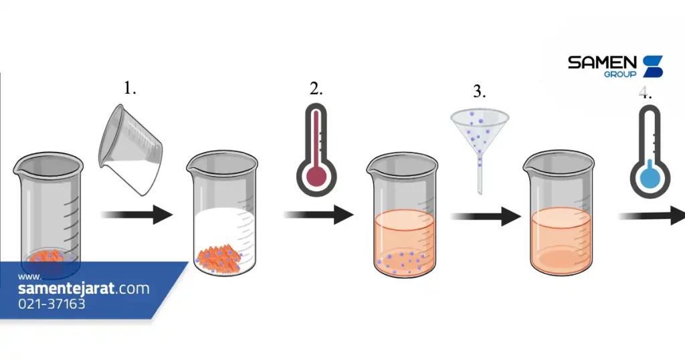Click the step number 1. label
(130, 88)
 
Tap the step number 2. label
(316, 89)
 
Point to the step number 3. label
(479, 91)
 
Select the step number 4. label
(646, 92)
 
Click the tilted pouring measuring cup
(130, 149)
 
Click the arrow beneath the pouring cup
(136, 215)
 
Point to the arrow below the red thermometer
(319, 215)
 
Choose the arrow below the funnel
(486, 216)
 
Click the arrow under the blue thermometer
(652, 216)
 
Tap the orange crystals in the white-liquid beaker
(219, 259)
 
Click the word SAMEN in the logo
(603, 62)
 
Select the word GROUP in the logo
(620, 74)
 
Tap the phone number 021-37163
(52, 304)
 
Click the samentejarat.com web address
(84, 288)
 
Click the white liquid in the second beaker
(223, 230)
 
